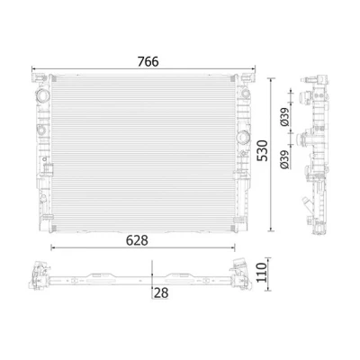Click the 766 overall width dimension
pos(148,61)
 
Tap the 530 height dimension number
pos(263,150)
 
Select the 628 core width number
pos(137,240)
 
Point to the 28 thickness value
pos(161,293)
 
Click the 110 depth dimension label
pos(261,273)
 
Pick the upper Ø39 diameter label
pos(284,116)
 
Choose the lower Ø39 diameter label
pos(284,159)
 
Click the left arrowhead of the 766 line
pos(33,68)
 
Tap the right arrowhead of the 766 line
pos(254,68)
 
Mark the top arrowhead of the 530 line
pos(272,80)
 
